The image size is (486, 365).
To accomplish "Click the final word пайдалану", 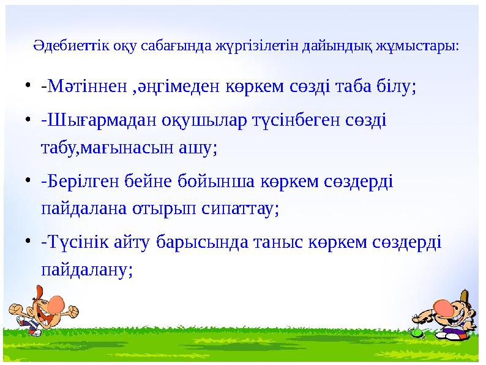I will pos(86,270).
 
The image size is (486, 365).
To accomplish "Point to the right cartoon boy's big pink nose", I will pos(445,305).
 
